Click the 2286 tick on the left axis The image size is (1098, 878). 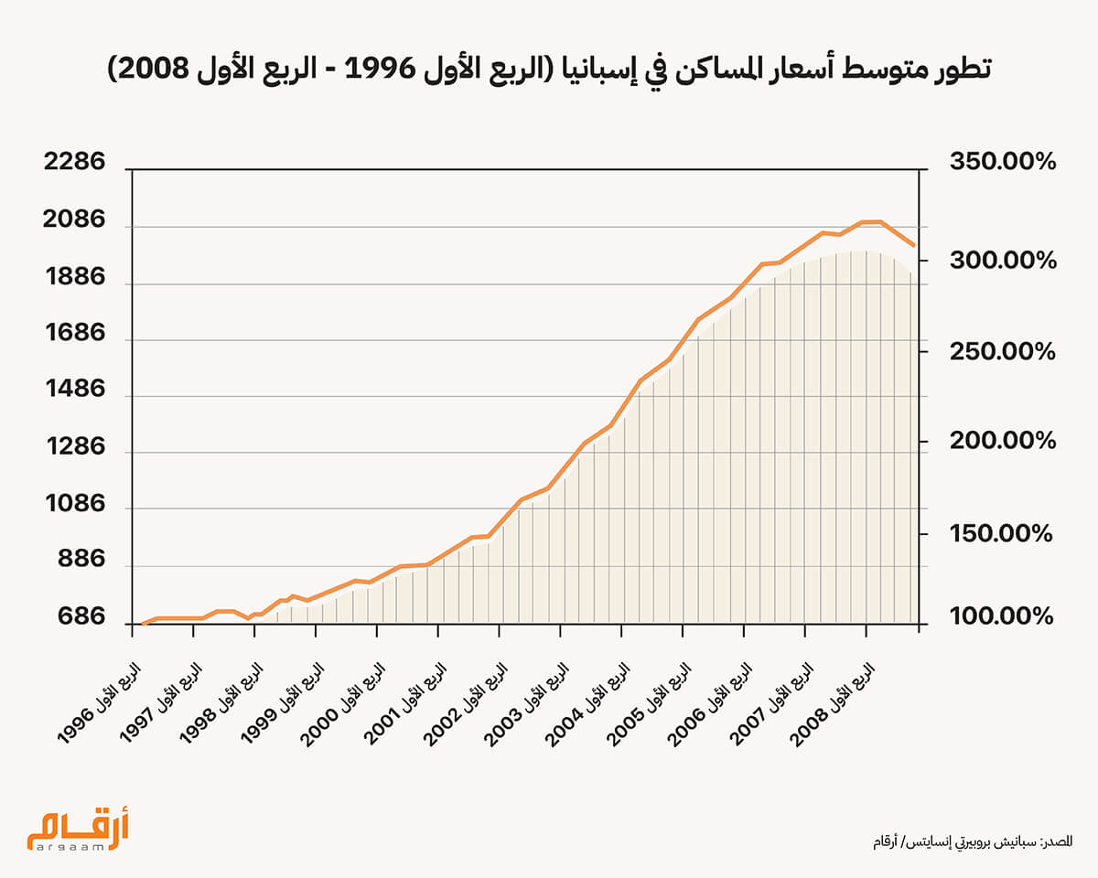74,164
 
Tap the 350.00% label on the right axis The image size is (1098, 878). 1003,163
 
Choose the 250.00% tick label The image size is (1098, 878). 1003,351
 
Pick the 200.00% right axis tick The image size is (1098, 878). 1003,441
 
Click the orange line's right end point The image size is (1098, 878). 913,245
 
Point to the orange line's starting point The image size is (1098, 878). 143,624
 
